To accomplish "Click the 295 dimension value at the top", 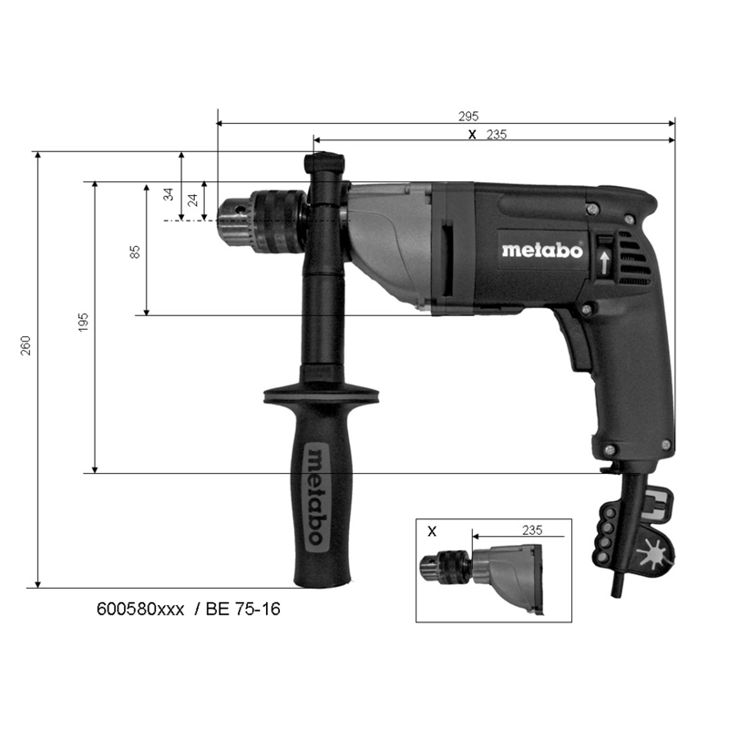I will (467, 116).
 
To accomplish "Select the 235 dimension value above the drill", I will (496, 134).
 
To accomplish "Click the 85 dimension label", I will (135, 251).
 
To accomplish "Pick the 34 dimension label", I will (169, 194).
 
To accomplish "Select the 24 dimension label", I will (192, 200).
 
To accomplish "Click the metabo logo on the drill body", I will (541, 251).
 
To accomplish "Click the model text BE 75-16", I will (243, 608).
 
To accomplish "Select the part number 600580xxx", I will (139, 608).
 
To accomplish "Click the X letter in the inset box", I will (432, 529).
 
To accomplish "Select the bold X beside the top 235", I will (471, 134).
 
